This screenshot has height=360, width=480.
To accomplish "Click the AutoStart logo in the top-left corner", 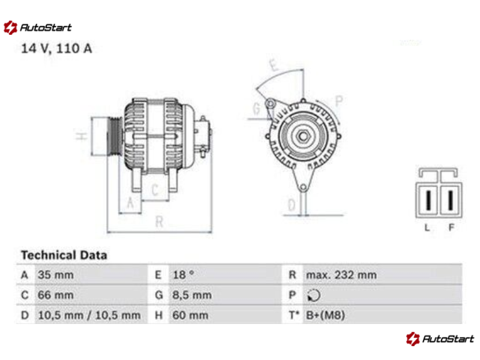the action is [37, 28].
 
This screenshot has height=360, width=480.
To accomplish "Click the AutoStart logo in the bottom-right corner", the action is [440, 338].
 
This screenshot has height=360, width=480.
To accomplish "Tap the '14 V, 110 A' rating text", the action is [56, 49].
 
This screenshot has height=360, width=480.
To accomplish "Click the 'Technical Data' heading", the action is [64, 255].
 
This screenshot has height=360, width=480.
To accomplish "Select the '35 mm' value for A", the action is [55, 275].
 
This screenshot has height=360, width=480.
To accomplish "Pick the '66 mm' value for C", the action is [55, 295].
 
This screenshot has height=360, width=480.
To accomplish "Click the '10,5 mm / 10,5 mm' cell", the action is [89, 316].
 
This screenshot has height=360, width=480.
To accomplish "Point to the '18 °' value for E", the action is [183, 275].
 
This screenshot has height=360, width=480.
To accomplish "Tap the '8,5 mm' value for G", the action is [191, 295].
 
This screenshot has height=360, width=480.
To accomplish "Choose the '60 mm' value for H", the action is [190, 316].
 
